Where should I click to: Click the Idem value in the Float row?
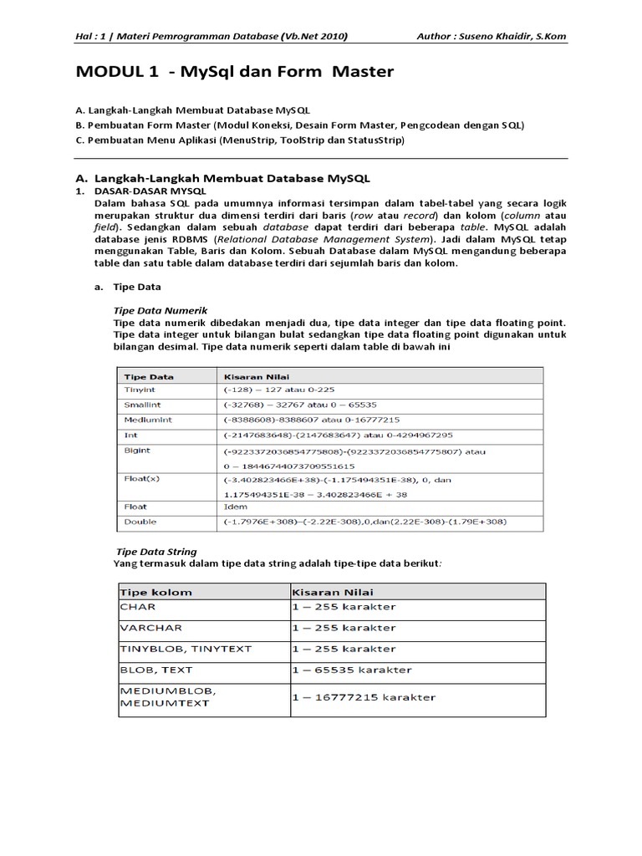(x=236, y=507)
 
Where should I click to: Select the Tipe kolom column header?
(x=156, y=592)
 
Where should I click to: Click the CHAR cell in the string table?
(x=137, y=606)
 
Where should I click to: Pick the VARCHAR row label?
(x=150, y=627)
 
